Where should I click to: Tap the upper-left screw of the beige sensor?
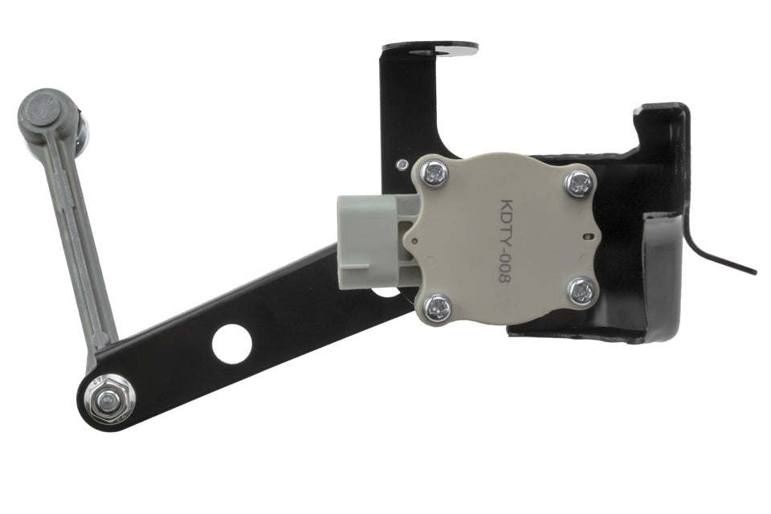pyautogui.click(x=434, y=173)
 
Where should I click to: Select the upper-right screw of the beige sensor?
pyautogui.click(x=579, y=183)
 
